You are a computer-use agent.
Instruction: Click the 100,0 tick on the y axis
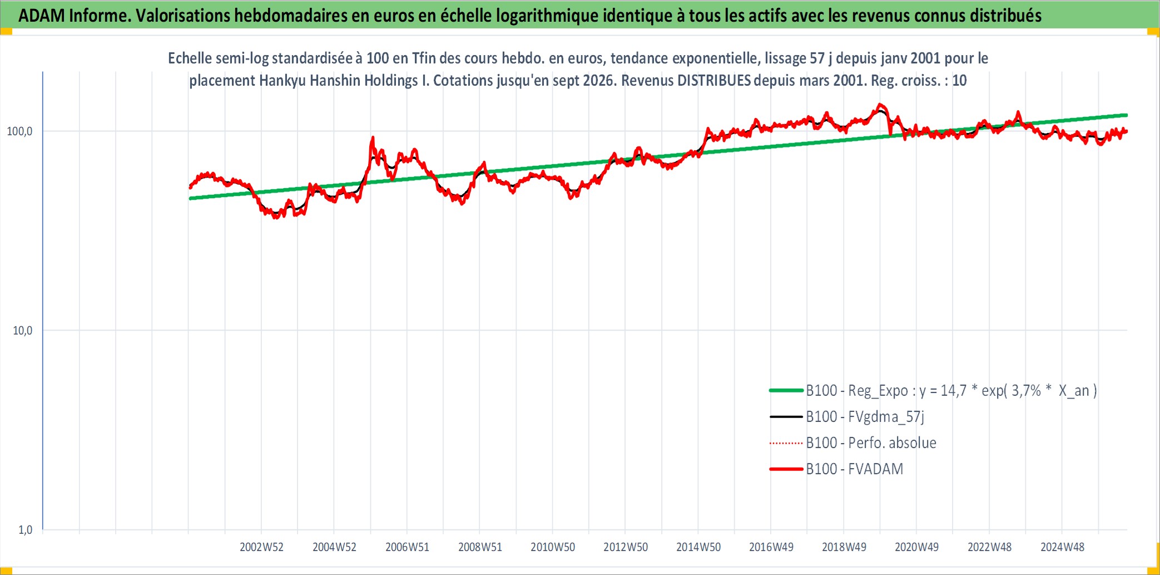19,131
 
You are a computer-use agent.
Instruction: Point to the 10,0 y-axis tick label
23,331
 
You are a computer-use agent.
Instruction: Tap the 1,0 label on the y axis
26,530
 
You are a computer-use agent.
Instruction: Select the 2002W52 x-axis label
261,547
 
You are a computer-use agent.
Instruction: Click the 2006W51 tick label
407,547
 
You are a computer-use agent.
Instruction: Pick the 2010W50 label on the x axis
553,547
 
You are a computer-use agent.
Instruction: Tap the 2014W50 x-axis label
698,547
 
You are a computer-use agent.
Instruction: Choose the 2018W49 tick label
844,547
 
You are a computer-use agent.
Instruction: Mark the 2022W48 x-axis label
990,547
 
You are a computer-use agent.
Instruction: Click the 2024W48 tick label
1063,547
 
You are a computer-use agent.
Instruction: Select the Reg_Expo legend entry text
951,391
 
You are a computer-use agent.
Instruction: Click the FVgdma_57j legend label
865,417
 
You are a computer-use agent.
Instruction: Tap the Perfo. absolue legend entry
871,443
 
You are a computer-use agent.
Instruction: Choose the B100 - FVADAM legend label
855,469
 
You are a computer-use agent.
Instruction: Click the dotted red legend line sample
786,444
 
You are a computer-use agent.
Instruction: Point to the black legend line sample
786,417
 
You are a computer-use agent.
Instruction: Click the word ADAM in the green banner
42,16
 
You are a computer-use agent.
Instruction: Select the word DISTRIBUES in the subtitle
713,81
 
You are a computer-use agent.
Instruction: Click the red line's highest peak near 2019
879,104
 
